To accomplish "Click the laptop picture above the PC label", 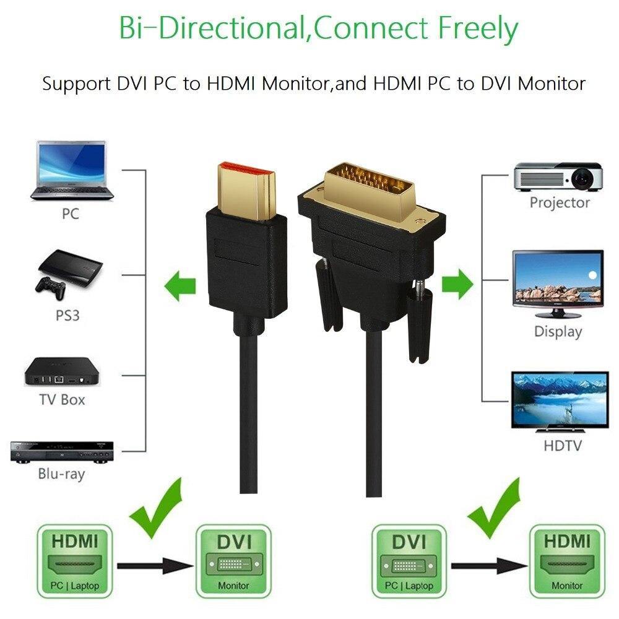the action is pos(72,171).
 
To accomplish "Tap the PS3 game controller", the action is pos(50,289).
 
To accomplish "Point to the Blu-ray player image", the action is pos(61,452).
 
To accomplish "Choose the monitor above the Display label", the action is pos(558,284).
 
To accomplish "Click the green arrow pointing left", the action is pos(180,286).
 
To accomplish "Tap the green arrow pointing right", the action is pos(457,284).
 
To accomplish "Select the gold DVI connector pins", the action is pos(369,180).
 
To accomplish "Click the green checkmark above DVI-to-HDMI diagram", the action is pos(493,508).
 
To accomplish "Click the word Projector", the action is pos(560,202).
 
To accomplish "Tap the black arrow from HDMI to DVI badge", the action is pos(155,566).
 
